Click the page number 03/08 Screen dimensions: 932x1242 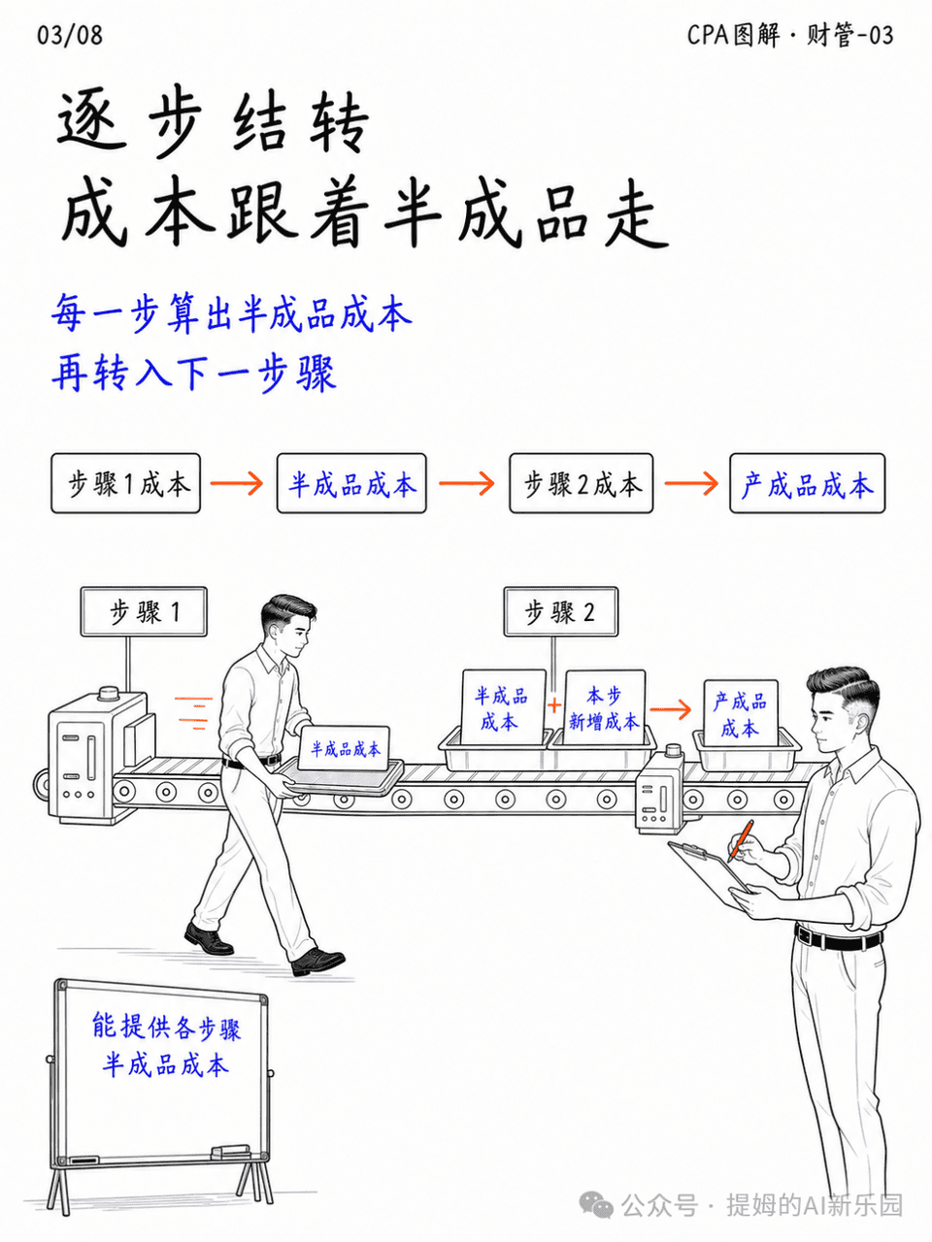tap(70, 35)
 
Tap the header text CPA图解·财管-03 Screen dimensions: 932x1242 tap(790, 35)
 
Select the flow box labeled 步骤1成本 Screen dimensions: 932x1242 tap(125, 483)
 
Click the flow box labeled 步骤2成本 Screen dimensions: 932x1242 tap(582, 483)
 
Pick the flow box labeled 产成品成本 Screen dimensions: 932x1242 tap(808, 483)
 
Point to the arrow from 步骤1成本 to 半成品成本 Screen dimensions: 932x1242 tap(237, 483)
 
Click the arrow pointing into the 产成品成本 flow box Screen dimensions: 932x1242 tap(691, 483)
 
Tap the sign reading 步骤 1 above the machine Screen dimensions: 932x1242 tap(144, 611)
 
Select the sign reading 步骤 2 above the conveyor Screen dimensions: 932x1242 tap(561, 611)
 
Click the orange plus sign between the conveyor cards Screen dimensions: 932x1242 tap(554, 705)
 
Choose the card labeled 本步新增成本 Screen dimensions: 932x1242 tap(605, 707)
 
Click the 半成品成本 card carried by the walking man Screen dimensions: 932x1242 tap(344, 748)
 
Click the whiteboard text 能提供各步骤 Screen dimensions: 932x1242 tap(166, 1027)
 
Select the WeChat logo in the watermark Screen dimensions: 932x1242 tap(596, 1204)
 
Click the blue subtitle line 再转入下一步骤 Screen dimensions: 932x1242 tap(194, 374)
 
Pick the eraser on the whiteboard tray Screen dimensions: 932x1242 tap(230, 1151)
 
